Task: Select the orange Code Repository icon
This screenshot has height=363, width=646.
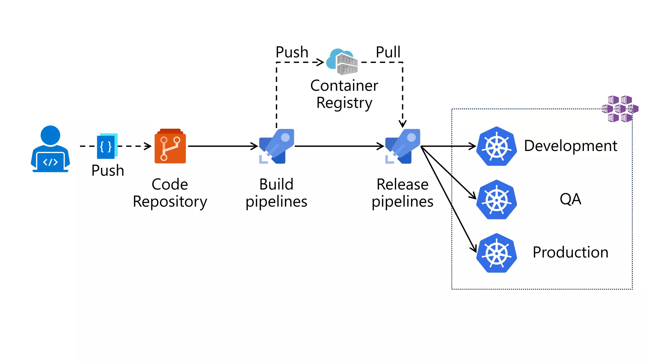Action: pos(170,146)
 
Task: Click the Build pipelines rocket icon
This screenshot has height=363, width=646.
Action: pos(277,146)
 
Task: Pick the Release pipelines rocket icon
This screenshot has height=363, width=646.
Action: pos(403,146)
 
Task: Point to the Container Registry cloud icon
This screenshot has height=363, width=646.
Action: pos(342,62)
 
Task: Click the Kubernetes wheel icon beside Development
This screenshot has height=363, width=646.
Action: pos(496,146)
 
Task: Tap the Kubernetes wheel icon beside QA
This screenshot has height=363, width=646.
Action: pos(496,199)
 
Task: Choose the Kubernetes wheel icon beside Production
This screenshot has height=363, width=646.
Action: pos(496,253)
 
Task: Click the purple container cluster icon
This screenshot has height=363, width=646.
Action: pos(620,109)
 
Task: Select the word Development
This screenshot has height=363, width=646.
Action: pos(570,146)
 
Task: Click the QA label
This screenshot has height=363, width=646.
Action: pos(570,199)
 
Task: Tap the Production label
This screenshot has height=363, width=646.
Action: pos(570,252)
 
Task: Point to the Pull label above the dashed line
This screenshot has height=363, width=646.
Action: pos(388,52)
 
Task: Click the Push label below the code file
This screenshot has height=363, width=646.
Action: pos(108,170)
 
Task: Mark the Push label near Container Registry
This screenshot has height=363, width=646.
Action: pos(292,52)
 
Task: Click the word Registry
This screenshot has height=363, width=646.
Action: pos(344,103)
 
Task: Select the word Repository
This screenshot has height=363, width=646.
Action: pos(170,202)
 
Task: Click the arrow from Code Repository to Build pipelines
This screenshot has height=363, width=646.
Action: pos(223,146)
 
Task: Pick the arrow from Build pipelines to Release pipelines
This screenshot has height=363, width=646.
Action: pos(339,146)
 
